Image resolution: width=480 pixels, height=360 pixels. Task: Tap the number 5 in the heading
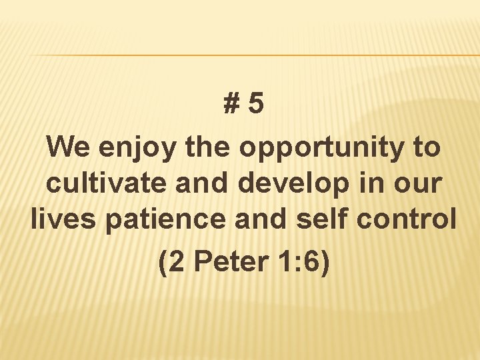(x=255, y=104)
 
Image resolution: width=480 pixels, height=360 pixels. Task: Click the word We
(x=70, y=146)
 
